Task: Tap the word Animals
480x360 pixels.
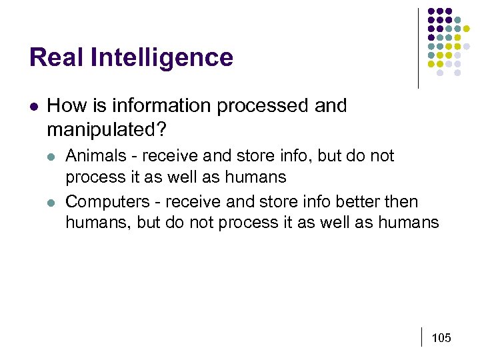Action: click(x=95, y=156)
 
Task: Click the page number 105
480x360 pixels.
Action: click(x=441, y=338)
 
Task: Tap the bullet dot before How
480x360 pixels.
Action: click(x=34, y=106)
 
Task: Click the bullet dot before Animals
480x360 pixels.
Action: click(x=52, y=157)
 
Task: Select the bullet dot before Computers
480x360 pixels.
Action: click(x=52, y=202)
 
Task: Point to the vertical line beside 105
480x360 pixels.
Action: click(x=423, y=337)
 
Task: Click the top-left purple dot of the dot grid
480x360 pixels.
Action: click(x=431, y=11)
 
